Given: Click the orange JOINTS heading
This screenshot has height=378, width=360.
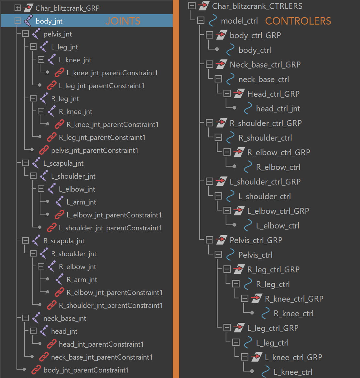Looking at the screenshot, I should (x=123, y=21).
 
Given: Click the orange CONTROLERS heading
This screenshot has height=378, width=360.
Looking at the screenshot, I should (x=298, y=21).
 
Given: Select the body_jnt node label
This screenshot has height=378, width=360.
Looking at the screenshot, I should (x=49, y=21).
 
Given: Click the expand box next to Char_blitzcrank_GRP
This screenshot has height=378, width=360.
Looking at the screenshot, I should (x=18, y=8).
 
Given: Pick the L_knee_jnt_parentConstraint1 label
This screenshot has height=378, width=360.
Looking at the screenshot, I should (x=112, y=73).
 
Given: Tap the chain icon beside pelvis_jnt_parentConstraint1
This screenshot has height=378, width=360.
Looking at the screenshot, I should (x=44, y=150).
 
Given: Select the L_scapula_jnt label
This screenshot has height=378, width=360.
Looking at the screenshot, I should (x=63, y=163).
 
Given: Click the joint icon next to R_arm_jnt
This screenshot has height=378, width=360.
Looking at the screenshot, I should (x=60, y=280).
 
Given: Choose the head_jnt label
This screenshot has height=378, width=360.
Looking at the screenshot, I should (x=64, y=331).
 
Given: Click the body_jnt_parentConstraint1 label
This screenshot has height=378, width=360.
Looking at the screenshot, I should (x=86, y=370).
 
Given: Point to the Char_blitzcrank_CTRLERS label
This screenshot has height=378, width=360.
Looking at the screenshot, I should (x=257, y=6).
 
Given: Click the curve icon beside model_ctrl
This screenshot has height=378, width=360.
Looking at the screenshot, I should (x=213, y=21).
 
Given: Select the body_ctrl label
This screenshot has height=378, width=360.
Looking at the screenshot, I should (x=255, y=50).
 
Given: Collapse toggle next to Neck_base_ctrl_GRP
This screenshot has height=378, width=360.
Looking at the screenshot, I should (x=210, y=65).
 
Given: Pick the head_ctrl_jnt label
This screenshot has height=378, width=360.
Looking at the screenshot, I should (x=278, y=109).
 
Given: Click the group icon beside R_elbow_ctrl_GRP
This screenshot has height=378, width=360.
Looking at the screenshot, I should (x=239, y=152).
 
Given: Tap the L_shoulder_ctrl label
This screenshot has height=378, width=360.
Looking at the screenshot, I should (x=265, y=196).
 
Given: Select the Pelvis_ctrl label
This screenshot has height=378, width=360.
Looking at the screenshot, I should (x=255, y=255).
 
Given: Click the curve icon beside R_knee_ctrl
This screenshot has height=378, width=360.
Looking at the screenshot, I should (x=266, y=313).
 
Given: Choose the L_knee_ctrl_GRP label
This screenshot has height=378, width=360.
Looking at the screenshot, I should (x=293, y=357).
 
